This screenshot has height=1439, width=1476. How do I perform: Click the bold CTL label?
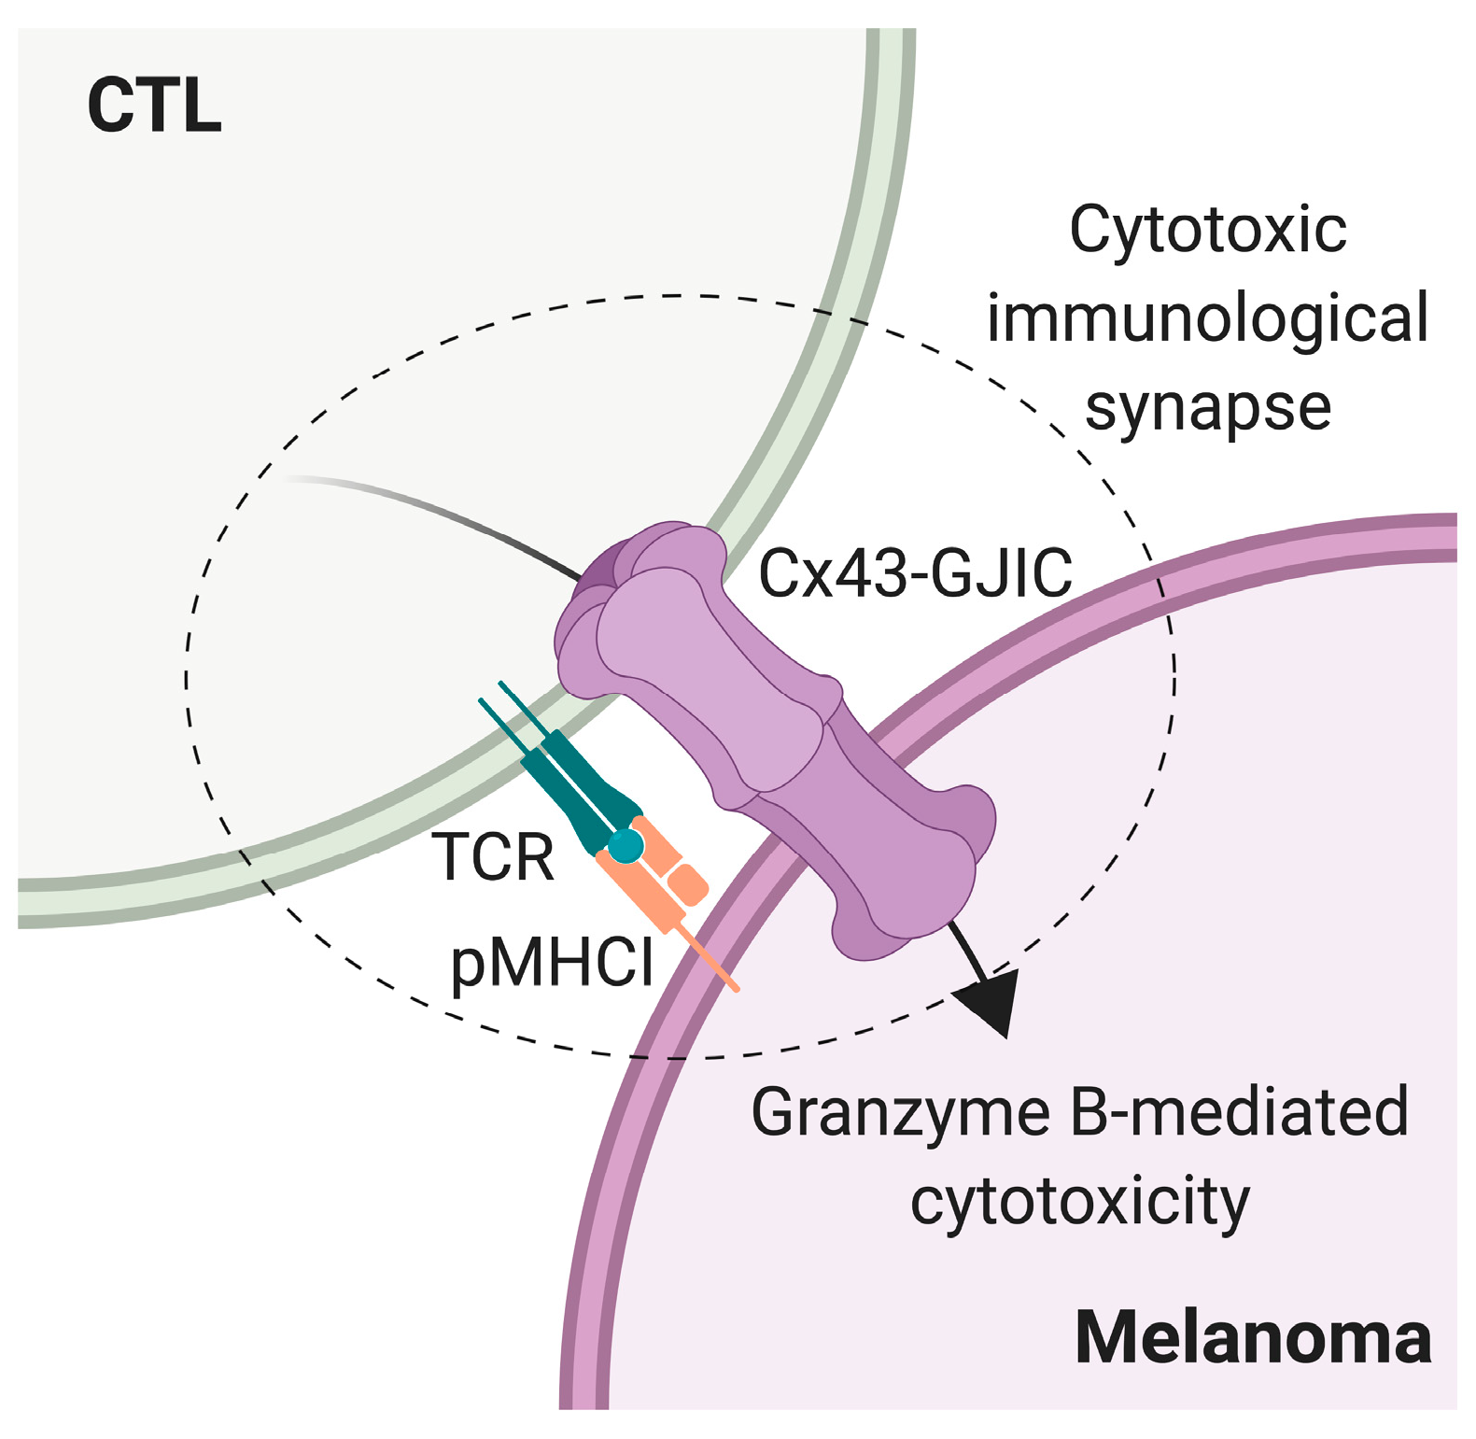point(154,106)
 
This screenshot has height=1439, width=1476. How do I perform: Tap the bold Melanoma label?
point(1253,1337)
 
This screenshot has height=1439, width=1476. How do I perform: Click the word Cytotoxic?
point(1207,229)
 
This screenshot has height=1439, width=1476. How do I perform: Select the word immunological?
point(1207,317)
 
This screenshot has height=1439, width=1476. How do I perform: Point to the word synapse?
point(1207,407)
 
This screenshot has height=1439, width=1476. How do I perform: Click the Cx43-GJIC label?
point(915,573)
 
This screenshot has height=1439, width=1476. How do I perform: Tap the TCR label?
point(493,856)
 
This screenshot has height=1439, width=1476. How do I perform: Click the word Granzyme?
point(900,1111)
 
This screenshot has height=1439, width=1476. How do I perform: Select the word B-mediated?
point(1238,1111)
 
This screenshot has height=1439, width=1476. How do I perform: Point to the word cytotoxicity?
point(1079,1201)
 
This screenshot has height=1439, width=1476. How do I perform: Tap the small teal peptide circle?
point(626,846)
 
